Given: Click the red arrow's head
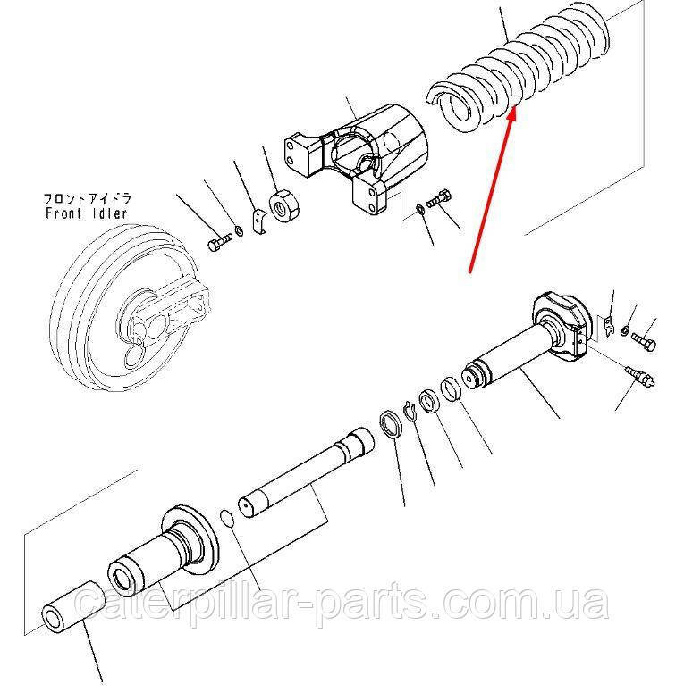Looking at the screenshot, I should pos(513,114).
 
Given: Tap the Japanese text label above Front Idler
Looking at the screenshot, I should pos(83,198).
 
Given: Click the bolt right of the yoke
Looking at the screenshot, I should pos(440,199).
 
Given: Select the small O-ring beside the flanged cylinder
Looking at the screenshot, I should pos(228,519).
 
